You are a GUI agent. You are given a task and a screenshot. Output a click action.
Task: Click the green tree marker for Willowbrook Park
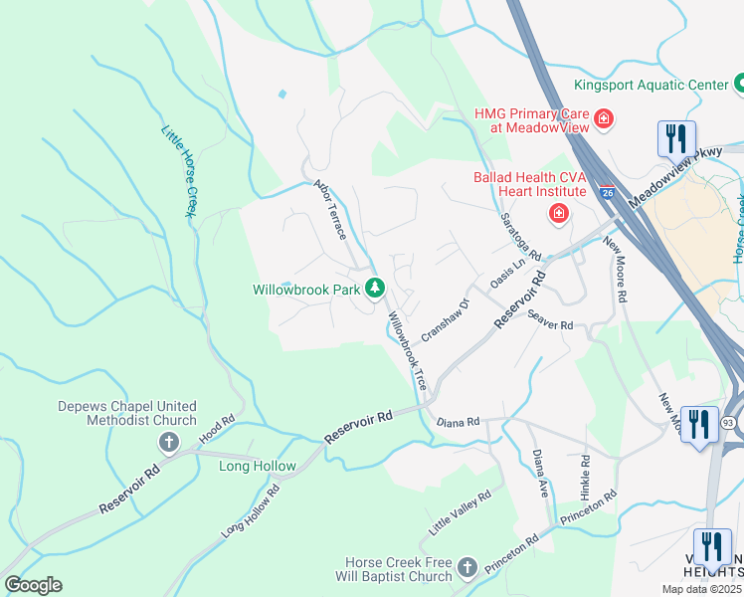375,289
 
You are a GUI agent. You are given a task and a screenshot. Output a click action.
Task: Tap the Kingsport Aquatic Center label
651,86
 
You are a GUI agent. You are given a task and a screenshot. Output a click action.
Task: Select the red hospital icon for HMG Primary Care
603,121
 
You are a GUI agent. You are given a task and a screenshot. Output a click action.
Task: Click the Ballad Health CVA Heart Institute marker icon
559,212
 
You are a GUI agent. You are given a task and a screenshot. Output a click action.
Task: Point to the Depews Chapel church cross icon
169,441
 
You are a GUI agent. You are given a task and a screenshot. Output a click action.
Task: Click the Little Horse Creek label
178,171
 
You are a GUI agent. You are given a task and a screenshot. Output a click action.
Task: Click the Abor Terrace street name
329,209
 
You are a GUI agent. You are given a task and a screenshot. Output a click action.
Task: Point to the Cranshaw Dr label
445,320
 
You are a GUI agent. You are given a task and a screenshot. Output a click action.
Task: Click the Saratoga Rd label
519,235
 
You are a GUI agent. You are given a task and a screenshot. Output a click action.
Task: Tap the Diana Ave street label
541,474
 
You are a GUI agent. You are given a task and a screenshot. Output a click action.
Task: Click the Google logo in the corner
34,584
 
